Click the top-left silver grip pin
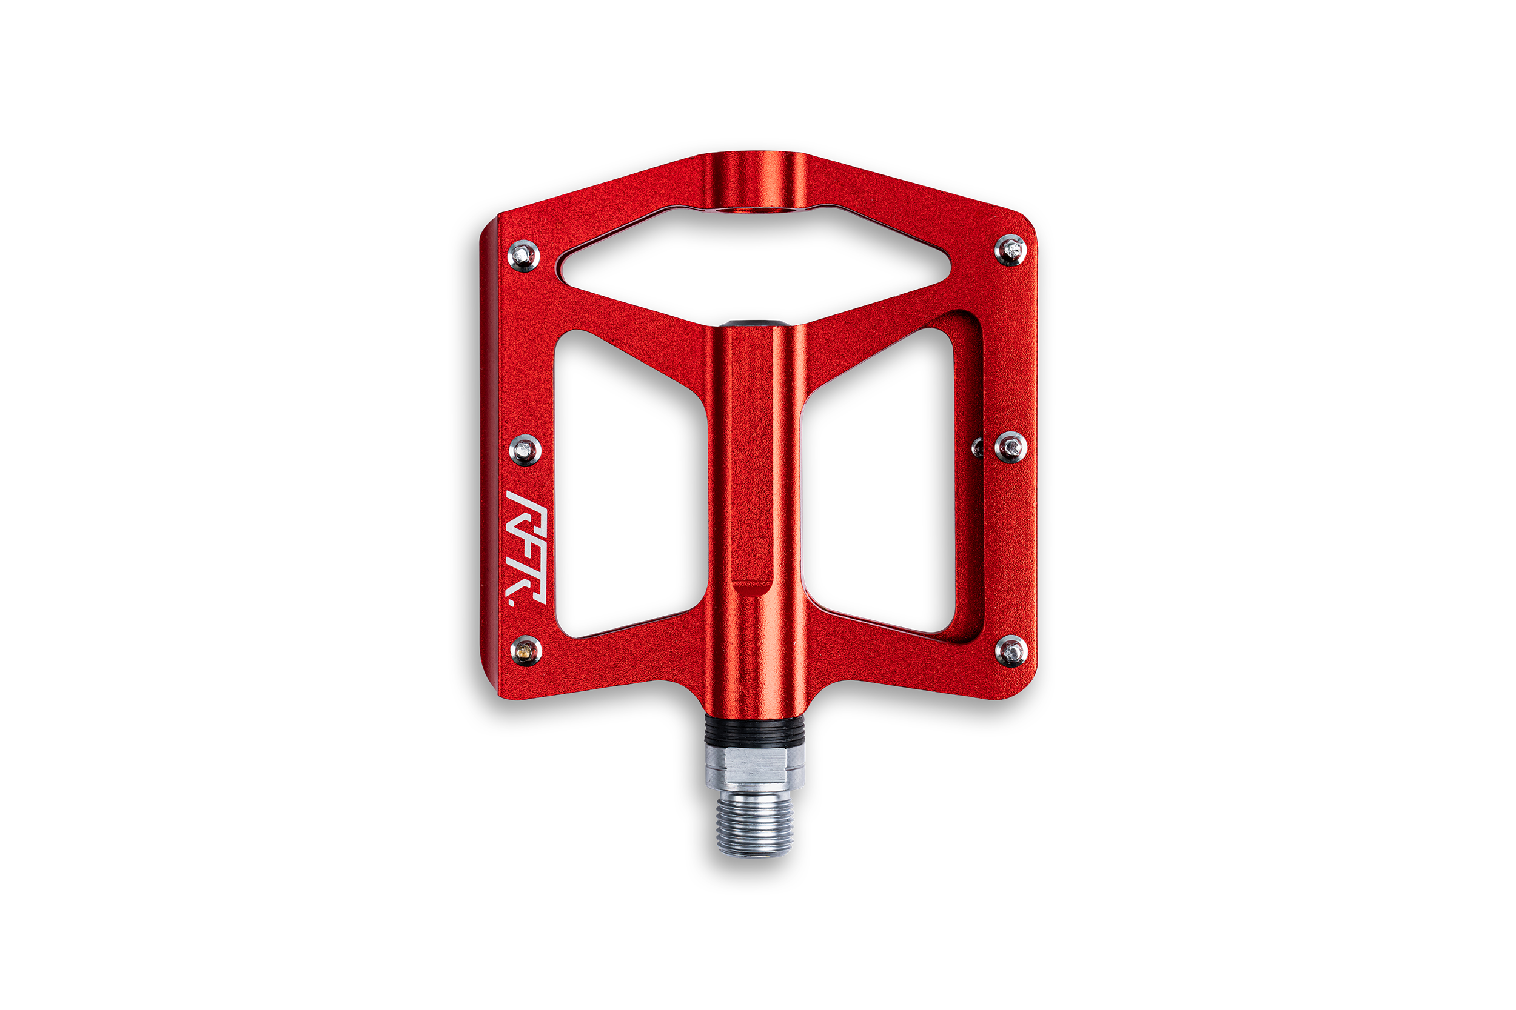click(524, 256)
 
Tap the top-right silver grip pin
click(1010, 250)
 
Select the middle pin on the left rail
click(525, 450)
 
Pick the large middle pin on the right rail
click(1011, 447)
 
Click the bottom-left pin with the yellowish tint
click(526, 651)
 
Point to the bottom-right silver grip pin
click(1011, 651)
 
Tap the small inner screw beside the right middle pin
click(978, 447)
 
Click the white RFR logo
click(526, 548)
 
